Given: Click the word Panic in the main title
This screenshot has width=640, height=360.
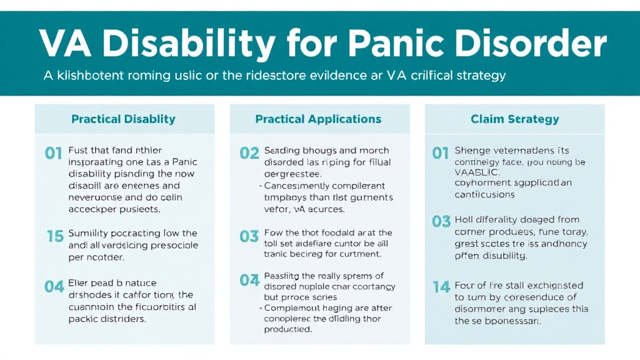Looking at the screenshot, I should pyautogui.click(x=403, y=44).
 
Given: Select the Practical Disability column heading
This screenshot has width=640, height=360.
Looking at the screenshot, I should pyautogui.click(x=123, y=119).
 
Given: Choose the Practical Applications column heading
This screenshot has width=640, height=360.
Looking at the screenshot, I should pyautogui.click(x=318, y=119).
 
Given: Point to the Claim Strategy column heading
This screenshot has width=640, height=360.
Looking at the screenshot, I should pyautogui.click(x=514, y=119).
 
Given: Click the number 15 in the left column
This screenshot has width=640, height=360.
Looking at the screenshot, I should pyautogui.click(x=55, y=236).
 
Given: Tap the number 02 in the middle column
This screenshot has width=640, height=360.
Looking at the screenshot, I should pyautogui.click(x=249, y=153).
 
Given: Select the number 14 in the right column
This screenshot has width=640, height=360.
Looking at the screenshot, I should pyautogui.click(x=441, y=287).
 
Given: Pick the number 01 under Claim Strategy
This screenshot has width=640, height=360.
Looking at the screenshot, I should pyautogui.click(x=441, y=153).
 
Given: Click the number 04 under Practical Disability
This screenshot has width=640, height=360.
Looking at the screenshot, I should pyautogui.click(x=54, y=287).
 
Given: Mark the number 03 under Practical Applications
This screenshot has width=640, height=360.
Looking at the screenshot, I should pyautogui.click(x=249, y=236).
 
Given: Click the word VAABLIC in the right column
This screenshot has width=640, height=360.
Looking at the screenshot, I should pyautogui.click(x=474, y=172).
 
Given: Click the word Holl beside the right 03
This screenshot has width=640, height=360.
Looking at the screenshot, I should pyautogui.click(x=464, y=219).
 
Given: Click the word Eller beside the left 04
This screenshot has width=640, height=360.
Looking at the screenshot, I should pyautogui.click(x=79, y=283).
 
